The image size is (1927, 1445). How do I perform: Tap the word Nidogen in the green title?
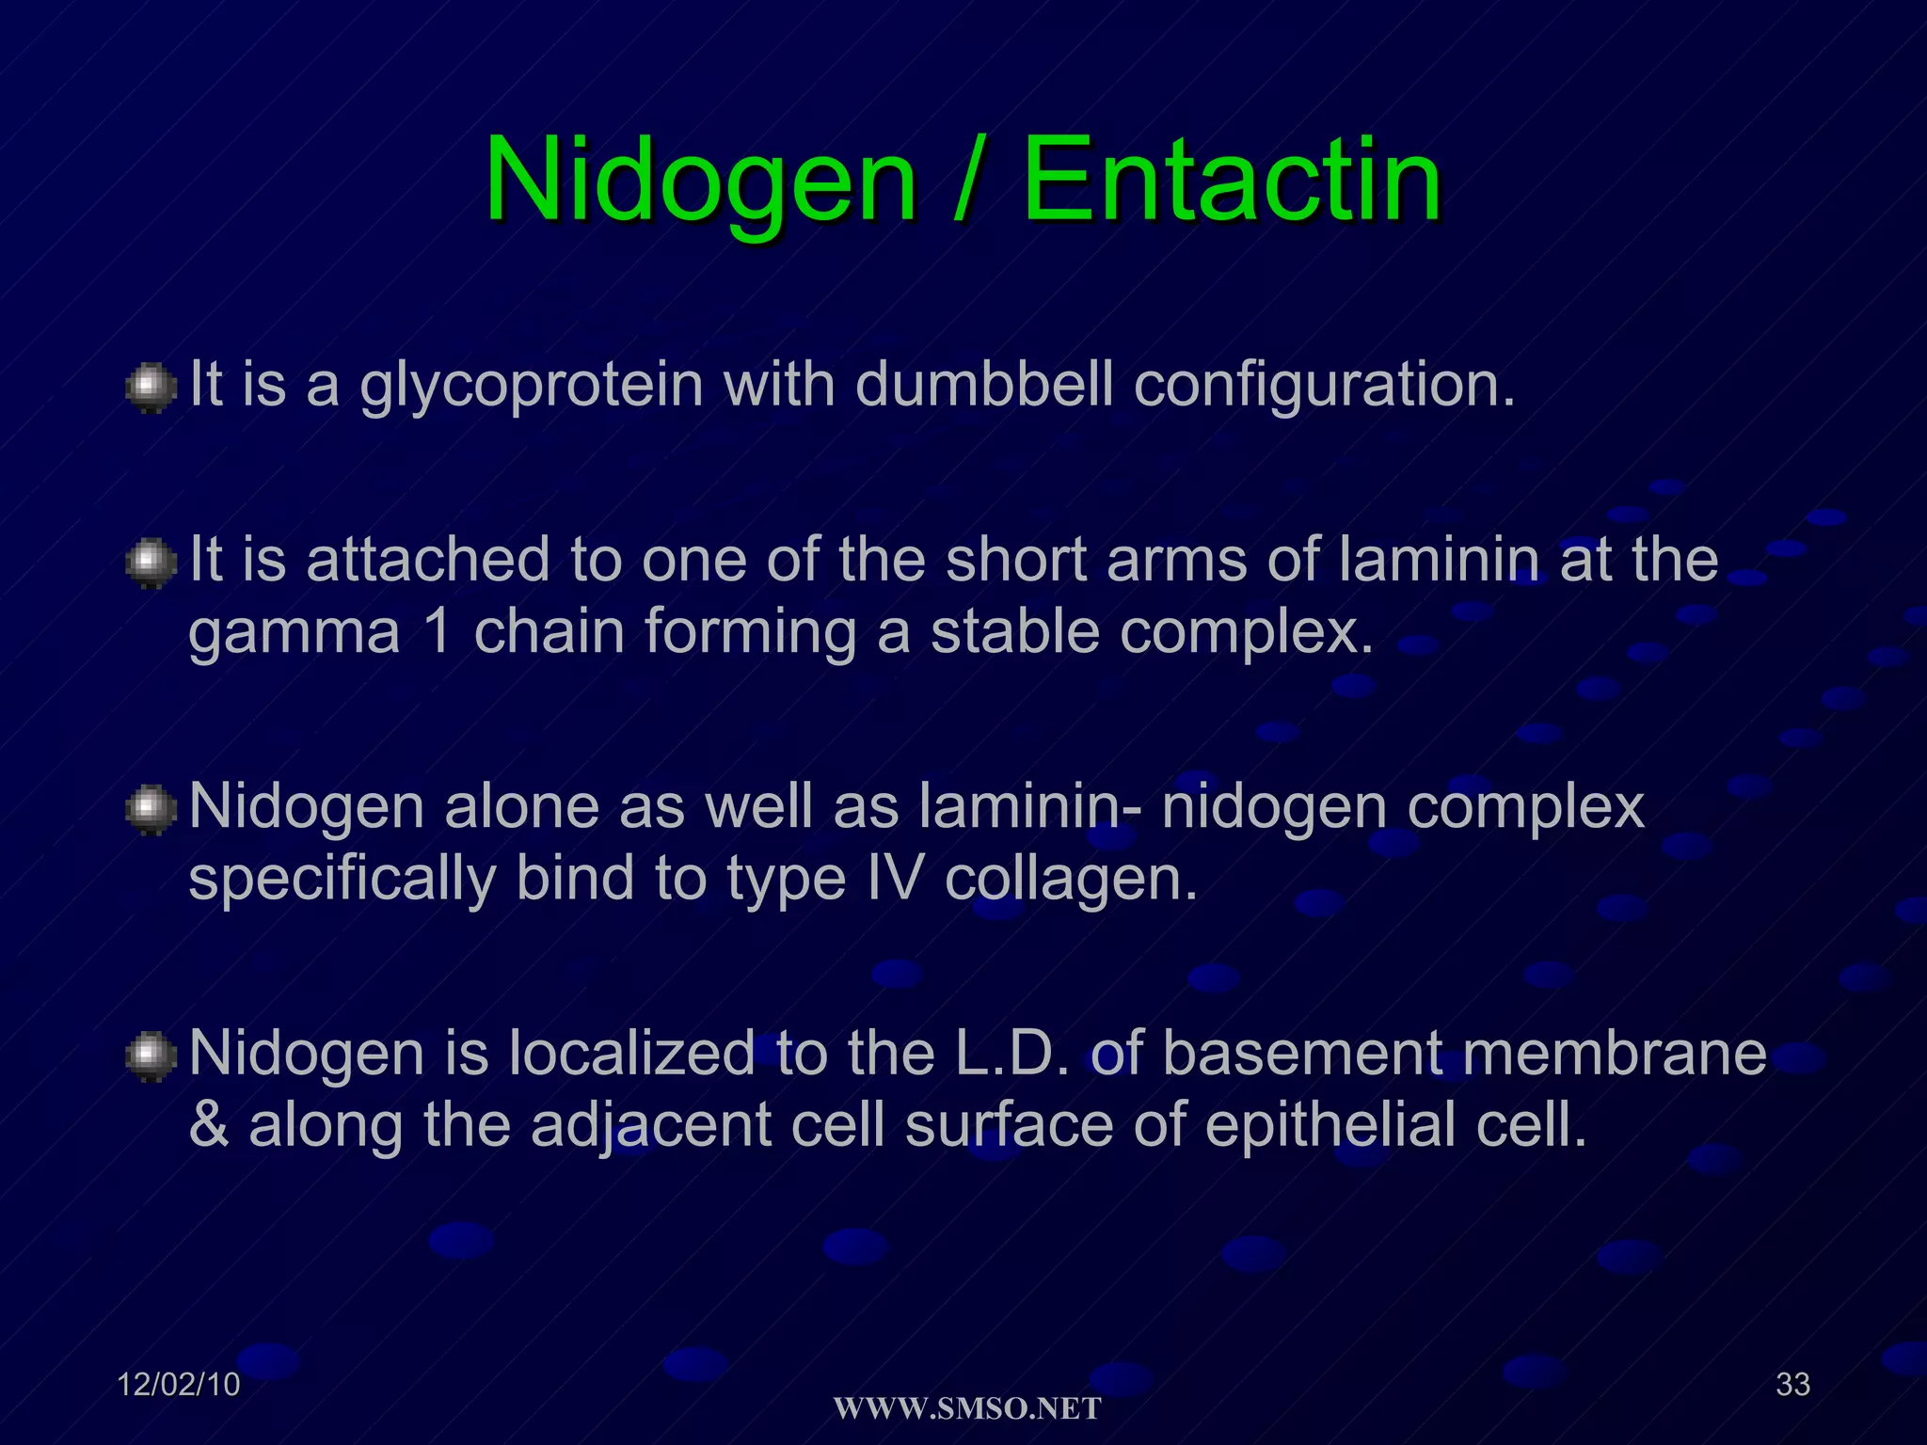(x=700, y=181)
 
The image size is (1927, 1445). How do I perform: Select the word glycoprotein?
(x=532, y=387)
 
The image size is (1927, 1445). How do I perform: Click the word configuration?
(x=1325, y=387)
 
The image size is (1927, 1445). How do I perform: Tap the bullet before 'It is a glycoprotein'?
(x=151, y=389)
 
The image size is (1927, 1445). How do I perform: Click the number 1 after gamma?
(x=438, y=631)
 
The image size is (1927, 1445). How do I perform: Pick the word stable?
(x=1015, y=631)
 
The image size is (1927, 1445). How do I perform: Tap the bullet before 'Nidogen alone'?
(x=151, y=810)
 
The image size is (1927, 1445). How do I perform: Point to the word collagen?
(x=1071, y=881)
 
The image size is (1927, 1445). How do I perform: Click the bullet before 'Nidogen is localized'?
(x=151, y=1056)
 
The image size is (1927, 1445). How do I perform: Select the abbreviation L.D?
(x=1012, y=1053)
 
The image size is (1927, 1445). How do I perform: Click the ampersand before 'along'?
(x=209, y=1125)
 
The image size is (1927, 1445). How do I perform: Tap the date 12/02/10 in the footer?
(x=179, y=1385)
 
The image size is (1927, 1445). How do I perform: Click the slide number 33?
(x=1792, y=1385)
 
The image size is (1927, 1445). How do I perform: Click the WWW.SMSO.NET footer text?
(x=967, y=1408)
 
